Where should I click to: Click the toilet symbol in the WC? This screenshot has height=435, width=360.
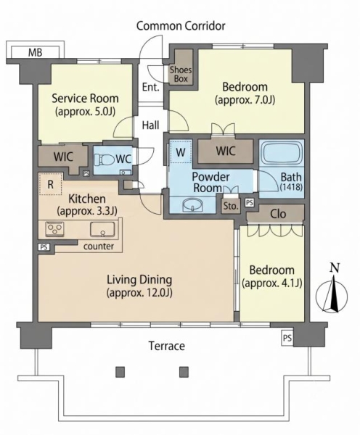[105, 159]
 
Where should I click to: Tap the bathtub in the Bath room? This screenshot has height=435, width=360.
[282, 153]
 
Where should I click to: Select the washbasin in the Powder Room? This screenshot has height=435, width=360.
[192, 204]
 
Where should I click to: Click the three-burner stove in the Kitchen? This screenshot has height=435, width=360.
[54, 229]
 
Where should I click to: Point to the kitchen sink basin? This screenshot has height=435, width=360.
[102, 229]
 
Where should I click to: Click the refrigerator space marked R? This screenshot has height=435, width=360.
[50, 184]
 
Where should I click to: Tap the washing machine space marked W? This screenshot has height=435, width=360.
[181, 152]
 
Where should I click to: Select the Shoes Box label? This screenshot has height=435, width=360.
[181, 74]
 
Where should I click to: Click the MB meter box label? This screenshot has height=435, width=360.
[36, 52]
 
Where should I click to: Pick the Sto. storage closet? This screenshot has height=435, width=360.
[231, 206]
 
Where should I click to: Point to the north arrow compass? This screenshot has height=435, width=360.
[332, 296]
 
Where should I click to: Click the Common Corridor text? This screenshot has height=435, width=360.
[181, 26]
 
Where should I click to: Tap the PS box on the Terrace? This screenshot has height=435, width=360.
[287, 338]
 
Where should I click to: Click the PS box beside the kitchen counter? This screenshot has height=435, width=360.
[44, 246]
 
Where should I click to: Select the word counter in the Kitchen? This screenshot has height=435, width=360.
[99, 246]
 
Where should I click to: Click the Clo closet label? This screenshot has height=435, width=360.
[278, 214]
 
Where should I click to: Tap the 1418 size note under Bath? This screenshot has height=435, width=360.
[291, 187]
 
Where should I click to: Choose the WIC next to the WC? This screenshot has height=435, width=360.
[63, 157]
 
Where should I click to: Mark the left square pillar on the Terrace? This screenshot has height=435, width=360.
[120, 372]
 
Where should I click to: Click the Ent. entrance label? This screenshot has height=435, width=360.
[151, 87]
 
